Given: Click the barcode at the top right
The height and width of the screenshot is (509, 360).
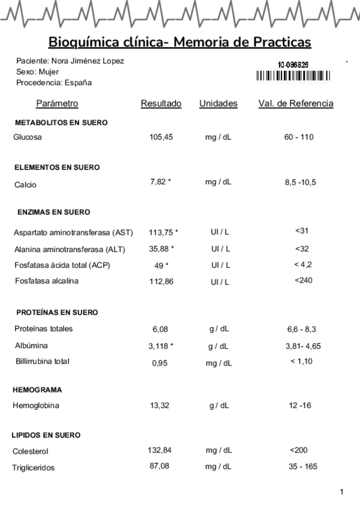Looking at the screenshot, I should [x=293, y=76].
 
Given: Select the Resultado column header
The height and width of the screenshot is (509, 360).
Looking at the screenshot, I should [x=161, y=104].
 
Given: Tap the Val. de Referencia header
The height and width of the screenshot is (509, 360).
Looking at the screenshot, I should [x=296, y=104].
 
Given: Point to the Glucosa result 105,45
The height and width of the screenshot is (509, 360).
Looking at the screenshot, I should [x=161, y=137].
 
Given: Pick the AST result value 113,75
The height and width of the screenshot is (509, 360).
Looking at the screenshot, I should [x=162, y=232].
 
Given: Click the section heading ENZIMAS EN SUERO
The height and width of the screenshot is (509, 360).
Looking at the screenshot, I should [x=53, y=212].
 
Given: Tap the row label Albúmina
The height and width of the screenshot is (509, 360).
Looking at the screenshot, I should [x=31, y=346].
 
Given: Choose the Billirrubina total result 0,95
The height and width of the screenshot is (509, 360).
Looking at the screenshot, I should [x=160, y=363].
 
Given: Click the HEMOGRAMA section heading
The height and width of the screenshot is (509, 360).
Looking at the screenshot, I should [x=37, y=390].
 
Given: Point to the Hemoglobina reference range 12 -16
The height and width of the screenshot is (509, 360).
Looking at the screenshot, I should [x=301, y=406].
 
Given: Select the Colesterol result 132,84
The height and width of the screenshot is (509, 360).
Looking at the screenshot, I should [x=160, y=450].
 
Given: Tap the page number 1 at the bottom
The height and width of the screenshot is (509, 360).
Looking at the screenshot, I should [x=341, y=492].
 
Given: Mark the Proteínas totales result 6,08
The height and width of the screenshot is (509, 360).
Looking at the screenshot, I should [x=161, y=330].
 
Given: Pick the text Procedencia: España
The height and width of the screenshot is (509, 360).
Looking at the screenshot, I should [x=54, y=82].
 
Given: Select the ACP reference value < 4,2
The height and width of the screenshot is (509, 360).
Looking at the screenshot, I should [x=303, y=264].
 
